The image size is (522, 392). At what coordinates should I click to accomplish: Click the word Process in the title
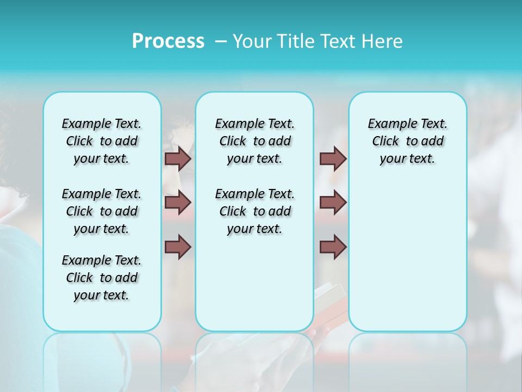pyautogui.click(x=168, y=41)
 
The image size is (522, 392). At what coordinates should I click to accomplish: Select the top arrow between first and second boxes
pyautogui.click(x=178, y=158)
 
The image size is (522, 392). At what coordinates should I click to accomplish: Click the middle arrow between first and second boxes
pyautogui.click(x=178, y=203)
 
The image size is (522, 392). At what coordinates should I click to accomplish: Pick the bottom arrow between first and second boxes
pyautogui.click(x=178, y=247)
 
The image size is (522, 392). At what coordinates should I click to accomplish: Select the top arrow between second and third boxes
pyautogui.click(x=333, y=158)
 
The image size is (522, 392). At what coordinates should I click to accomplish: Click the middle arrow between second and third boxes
pyautogui.click(x=333, y=203)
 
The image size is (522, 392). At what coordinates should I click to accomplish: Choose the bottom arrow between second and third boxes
pyautogui.click(x=333, y=247)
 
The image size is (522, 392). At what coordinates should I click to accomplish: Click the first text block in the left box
pyautogui.click(x=102, y=141)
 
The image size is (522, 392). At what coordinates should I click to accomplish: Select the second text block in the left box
pyautogui.click(x=102, y=211)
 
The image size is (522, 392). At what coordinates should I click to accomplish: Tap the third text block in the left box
pyautogui.click(x=102, y=278)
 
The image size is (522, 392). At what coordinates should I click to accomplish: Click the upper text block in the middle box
pyautogui.click(x=254, y=141)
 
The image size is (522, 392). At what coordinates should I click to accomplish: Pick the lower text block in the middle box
pyautogui.click(x=254, y=211)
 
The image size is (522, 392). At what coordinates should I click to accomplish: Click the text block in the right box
pyautogui.click(x=407, y=141)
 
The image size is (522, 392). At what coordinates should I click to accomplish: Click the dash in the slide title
pyautogui.click(x=221, y=41)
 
